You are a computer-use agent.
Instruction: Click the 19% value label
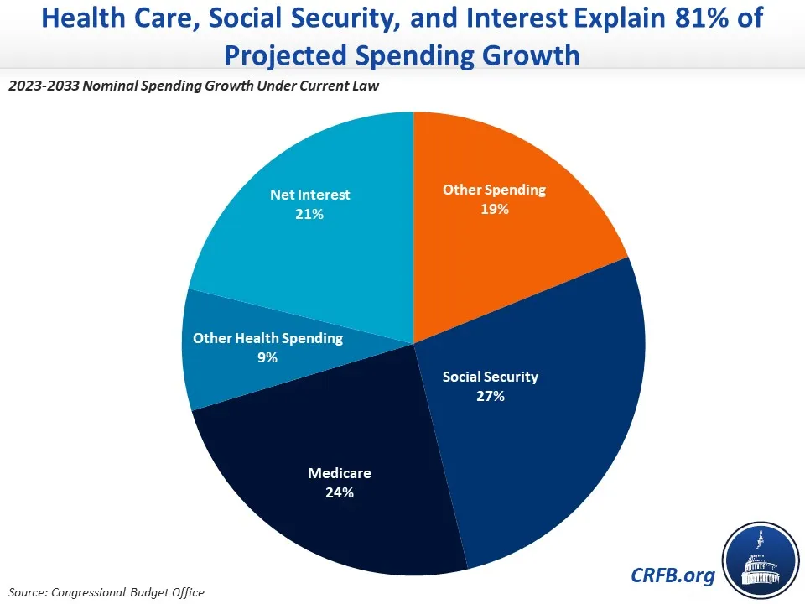click(494, 209)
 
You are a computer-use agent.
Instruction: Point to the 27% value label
click(490, 396)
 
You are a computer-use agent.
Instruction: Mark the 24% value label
click(339, 492)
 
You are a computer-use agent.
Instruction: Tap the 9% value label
click(267, 357)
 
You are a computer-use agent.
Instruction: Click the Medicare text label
click(339, 473)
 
